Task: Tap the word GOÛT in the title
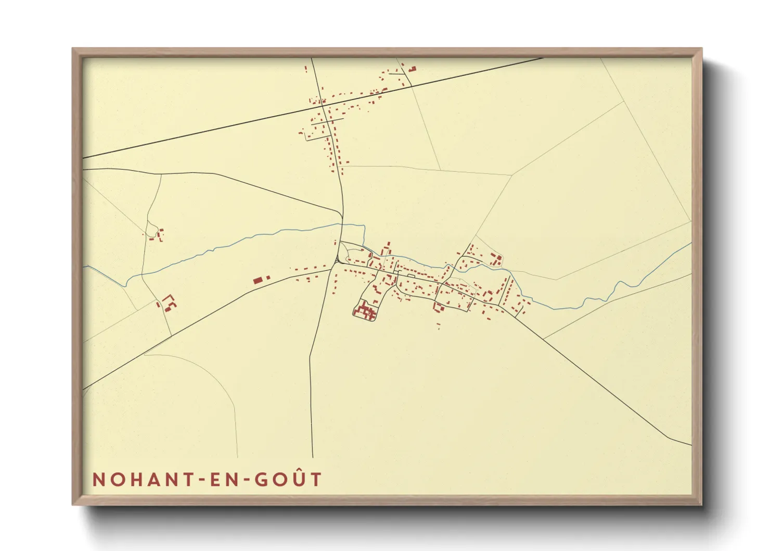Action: click(288, 479)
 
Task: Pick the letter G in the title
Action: click(261, 480)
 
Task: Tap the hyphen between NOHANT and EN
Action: click(199, 480)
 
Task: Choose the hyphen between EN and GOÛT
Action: click(244, 480)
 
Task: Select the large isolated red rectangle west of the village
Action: click(258, 280)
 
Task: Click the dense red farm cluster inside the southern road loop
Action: click(365, 311)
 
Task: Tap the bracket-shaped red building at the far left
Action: click(169, 302)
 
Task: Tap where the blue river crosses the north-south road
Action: click(342, 224)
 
